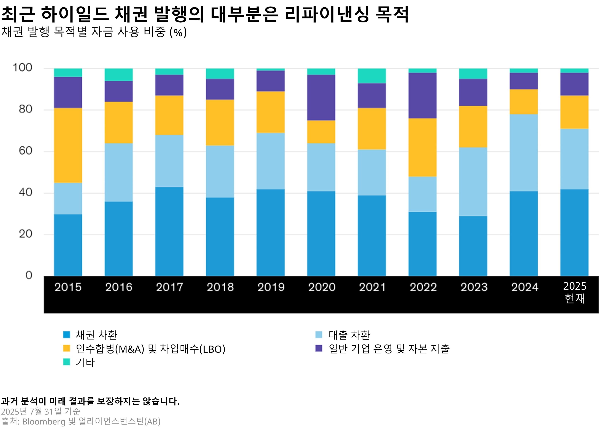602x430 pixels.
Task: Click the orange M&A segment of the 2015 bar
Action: click(68, 145)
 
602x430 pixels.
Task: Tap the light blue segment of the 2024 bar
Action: click(524, 153)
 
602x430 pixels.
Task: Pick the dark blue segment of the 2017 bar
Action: click(169, 231)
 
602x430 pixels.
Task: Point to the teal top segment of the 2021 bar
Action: click(372, 76)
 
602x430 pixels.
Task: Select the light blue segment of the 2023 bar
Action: click(473, 182)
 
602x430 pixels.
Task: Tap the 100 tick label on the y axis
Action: click(22, 68)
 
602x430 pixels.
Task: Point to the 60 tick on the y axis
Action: click(25, 151)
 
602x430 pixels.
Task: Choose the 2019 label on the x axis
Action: click(271, 287)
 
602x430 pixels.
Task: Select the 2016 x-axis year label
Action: click(119, 287)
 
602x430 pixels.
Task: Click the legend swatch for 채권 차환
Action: click(66, 335)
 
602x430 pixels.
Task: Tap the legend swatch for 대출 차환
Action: click(319, 335)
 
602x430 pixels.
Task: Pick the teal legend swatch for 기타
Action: click(66, 362)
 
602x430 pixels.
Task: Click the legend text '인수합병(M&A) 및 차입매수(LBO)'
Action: click(150, 349)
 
